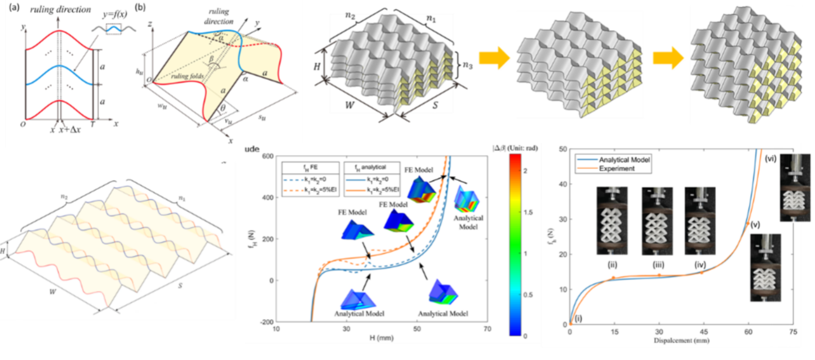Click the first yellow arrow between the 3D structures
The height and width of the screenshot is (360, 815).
(494, 58)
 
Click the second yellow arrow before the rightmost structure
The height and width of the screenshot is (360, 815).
(668, 58)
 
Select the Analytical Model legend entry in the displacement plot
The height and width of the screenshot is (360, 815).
(624, 160)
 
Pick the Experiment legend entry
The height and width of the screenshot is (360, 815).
(617, 168)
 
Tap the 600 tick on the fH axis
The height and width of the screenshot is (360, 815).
(268, 156)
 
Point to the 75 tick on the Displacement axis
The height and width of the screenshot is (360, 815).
(793, 332)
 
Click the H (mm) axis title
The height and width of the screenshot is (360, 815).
(381, 338)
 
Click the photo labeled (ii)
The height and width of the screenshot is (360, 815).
(612, 221)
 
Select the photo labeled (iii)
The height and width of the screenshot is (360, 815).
(658, 221)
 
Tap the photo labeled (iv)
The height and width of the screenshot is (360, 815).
(700, 221)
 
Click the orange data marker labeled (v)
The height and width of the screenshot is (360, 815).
(748, 223)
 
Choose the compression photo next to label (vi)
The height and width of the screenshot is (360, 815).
(795, 187)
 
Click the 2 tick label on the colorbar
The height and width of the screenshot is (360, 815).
(525, 171)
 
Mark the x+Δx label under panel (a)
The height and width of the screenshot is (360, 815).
(70, 130)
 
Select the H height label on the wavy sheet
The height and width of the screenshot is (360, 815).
(3, 251)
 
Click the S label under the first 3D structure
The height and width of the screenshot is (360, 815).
(435, 105)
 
